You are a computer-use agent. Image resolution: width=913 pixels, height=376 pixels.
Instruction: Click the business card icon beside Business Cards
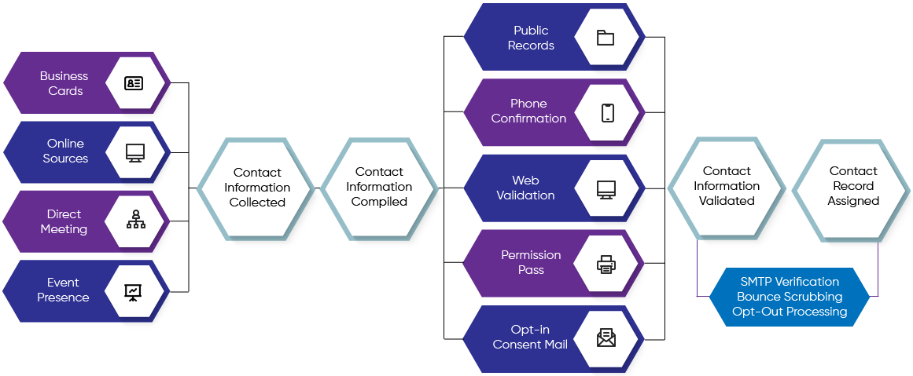coord(134,83)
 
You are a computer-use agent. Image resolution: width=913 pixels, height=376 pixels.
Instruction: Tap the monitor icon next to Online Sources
coord(134,152)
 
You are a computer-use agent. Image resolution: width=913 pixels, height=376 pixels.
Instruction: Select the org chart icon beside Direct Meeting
coord(134,221)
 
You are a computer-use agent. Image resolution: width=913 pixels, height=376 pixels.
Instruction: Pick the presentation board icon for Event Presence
coord(134,291)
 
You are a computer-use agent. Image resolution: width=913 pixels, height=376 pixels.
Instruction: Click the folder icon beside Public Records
coord(605,38)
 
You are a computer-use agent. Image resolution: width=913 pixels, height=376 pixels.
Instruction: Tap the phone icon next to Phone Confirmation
coord(607,112)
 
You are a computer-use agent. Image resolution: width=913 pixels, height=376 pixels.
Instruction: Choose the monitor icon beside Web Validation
coord(606,189)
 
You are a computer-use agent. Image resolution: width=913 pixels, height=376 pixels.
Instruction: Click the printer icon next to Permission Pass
coord(606,264)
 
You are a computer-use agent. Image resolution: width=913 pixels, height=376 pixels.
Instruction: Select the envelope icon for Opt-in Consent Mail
coord(606,338)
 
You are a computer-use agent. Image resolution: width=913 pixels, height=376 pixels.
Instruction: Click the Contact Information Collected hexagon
coord(257,188)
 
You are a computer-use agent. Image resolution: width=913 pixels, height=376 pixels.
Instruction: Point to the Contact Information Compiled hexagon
coord(379,187)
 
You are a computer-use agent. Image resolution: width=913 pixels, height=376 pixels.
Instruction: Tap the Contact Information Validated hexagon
coord(727,186)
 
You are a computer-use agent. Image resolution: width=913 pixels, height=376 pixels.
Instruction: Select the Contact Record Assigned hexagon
coord(853,186)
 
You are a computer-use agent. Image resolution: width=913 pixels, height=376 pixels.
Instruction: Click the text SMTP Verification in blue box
coord(790,282)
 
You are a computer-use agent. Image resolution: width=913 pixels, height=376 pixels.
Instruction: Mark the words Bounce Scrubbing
coord(790,297)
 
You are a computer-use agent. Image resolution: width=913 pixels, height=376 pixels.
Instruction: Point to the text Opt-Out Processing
coord(790,312)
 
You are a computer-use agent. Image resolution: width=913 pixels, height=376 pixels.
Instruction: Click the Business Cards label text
coord(64,83)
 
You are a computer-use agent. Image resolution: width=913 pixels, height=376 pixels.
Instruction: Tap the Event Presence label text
coord(64,290)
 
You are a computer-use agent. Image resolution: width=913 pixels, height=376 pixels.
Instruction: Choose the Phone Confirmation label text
coord(528,111)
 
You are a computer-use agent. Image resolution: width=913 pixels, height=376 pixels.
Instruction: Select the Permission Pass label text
coord(531,262)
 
